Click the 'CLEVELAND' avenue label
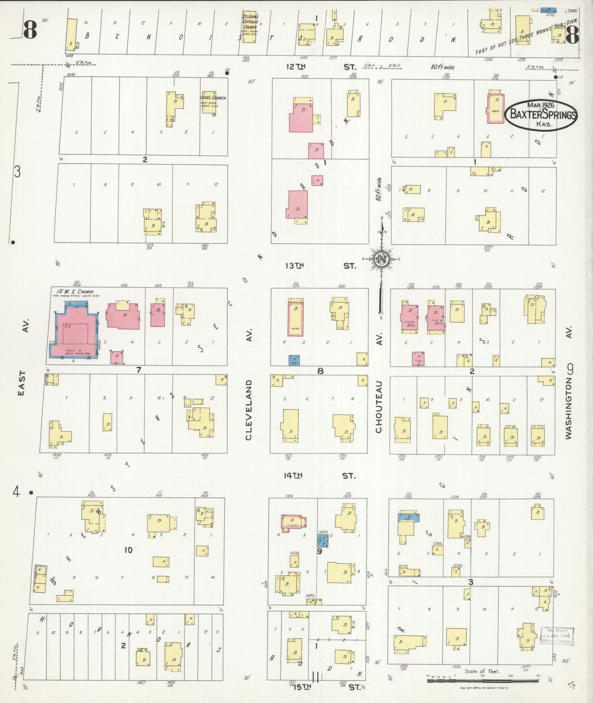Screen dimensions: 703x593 (x=248, y=410)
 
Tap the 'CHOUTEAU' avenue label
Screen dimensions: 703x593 (x=378, y=407)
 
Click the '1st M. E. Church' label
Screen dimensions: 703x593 (x=75, y=292)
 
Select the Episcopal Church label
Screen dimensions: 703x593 (x=213, y=98)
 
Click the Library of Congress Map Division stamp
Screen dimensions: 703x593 (x=557, y=635)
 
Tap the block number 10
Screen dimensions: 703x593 (x=128, y=550)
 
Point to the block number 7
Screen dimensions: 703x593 (x=139, y=370)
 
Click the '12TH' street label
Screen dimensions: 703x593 (x=296, y=66)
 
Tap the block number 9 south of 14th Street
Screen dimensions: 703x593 (x=319, y=552)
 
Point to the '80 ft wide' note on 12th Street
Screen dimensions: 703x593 (x=442, y=67)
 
